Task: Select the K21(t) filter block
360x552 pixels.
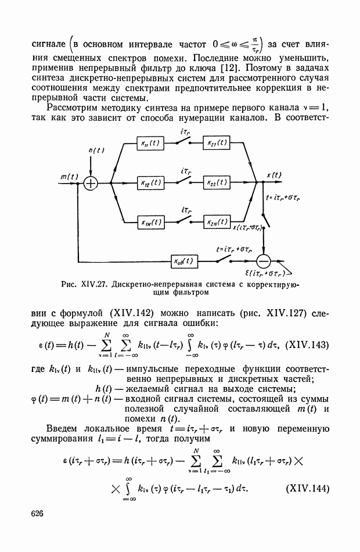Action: click(x=217, y=145)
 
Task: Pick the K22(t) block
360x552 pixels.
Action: click(x=217, y=182)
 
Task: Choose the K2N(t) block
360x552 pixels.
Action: click(x=217, y=221)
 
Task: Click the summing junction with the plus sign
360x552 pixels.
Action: click(x=91, y=182)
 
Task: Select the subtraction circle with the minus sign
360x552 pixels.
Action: click(x=264, y=260)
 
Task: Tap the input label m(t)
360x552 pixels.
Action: click(x=69, y=176)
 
